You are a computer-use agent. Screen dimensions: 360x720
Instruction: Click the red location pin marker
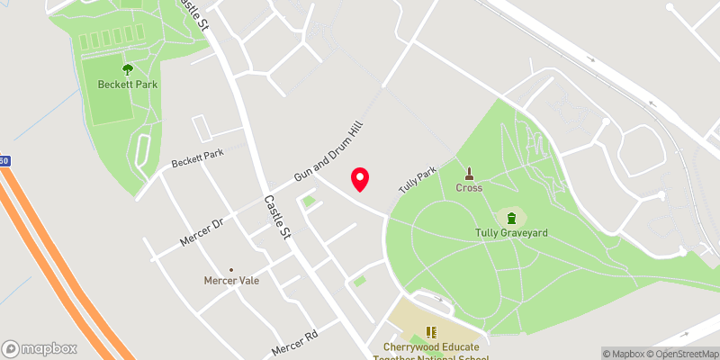pos(360,179)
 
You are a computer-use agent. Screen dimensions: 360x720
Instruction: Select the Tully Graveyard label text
pos(511,233)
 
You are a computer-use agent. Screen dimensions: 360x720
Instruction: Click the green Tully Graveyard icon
pos(512,217)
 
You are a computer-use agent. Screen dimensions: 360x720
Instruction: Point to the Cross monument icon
pos(469,173)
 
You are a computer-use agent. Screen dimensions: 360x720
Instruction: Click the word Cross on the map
pos(469,188)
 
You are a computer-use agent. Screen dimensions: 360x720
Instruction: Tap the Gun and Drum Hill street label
pos(328,149)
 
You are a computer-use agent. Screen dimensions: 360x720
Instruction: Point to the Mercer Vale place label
pos(231,281)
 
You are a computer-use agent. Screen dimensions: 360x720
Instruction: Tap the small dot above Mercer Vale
pos(231,269)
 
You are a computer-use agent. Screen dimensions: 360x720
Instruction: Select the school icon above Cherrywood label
pos(430,332)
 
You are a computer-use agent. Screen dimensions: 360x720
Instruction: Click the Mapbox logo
pos(39,348)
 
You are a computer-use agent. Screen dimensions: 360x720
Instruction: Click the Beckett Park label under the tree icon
pos(127,84)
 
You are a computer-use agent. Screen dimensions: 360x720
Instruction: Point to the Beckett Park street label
pos(197,159)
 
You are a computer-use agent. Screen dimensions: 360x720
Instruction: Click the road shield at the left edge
pos(4,161)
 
